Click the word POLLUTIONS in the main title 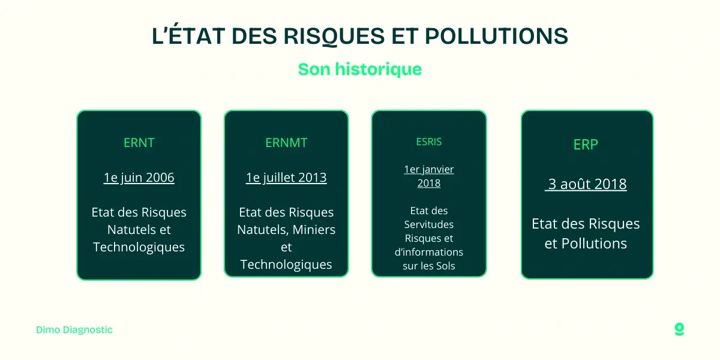[496, 37]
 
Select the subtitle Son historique [360, 69]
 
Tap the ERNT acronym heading [139, 143]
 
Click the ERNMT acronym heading [286, 143]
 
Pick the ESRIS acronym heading [429, 142]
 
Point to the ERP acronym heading [586, 145]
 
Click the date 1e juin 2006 [139, 178]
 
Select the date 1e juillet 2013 [286, 178]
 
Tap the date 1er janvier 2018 [429, 176]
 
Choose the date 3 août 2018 [586, 184]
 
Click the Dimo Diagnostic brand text [74, 330]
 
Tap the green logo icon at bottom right [679, 329]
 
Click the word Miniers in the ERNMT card [314, 230]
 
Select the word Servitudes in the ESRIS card [429, 224]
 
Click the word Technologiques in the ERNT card [139, 247]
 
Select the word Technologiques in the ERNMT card [286, 265]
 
